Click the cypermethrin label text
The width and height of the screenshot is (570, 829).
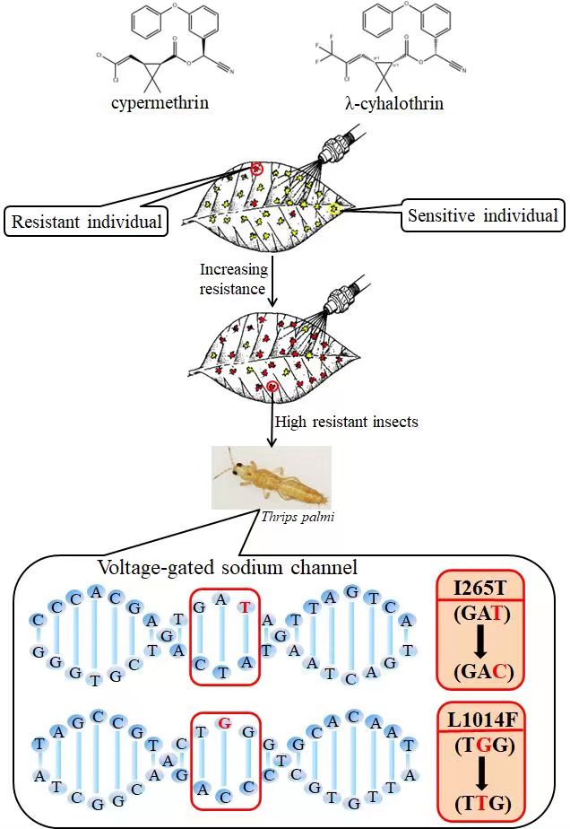tap(160, 102)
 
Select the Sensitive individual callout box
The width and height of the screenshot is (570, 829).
tap(482, 215)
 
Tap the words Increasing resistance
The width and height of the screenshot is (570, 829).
tap(233, 278)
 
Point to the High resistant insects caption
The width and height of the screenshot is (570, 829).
tap(346, 422)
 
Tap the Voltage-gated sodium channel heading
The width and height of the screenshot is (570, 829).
tap(227, 567)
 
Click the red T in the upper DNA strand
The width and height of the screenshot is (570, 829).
tap(243, 606)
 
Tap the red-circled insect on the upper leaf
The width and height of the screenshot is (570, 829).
tap(257, 169)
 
